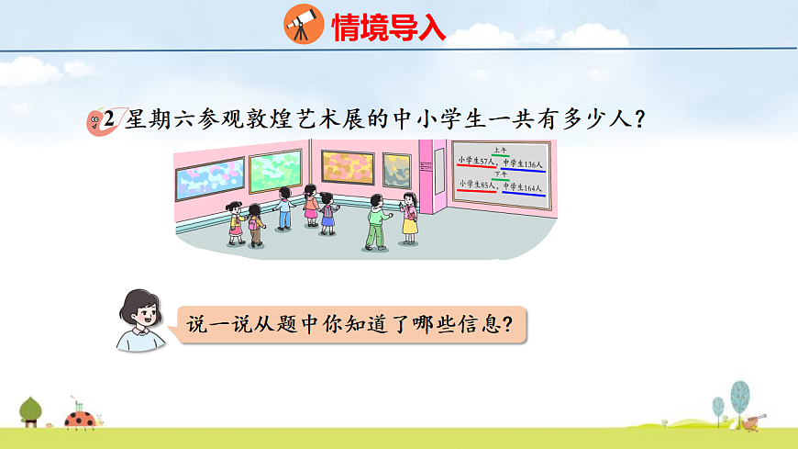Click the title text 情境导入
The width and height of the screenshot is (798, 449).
click(388, 28)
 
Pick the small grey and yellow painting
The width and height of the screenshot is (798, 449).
click(396, 168)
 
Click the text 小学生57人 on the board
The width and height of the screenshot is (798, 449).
click(476, 162)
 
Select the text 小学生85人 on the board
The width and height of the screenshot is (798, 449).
click(476, 185)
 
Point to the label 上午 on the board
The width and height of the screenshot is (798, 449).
click(500, 150)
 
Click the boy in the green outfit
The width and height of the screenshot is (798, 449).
click(376, 221)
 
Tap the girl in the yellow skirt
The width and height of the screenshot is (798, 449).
click(409, 218)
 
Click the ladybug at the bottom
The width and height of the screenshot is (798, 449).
click(80, 420)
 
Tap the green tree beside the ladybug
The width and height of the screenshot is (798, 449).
click(31, 410)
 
